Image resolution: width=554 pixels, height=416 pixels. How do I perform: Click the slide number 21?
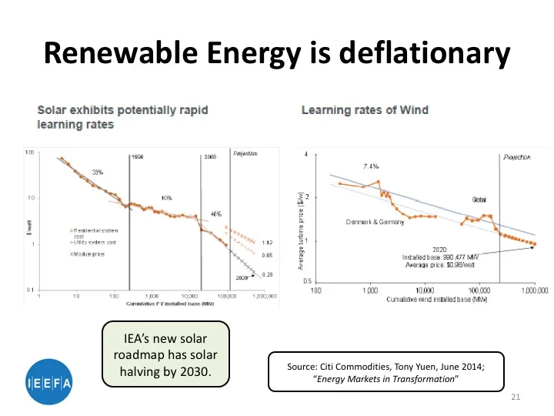pyautogui.click(x=516, y=397)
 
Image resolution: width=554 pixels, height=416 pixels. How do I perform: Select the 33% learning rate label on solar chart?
pyautogui.click(x=97, y=172)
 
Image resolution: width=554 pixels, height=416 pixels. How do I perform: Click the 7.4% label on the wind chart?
pyautogui.click(x=371, y=166)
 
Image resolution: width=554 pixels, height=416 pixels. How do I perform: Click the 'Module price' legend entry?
pyautogui.click(x=92, y=253)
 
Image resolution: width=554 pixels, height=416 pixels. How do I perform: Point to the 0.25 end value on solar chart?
pyautogui.click(x=267, y=274)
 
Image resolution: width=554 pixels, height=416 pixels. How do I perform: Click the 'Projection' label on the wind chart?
pyautogui.click(x=517, y=156)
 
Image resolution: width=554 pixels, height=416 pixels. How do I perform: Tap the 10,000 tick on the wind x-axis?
pyautogui.click(x=426, y=291)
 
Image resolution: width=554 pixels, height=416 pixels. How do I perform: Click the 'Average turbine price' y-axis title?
pyautogui.click(x=301, y=231)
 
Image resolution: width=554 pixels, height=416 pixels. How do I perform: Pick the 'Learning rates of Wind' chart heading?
pyautogui.click(x=365, y=110)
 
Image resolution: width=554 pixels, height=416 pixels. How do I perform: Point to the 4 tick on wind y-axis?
pyautogui.click(x=306, y=154)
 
